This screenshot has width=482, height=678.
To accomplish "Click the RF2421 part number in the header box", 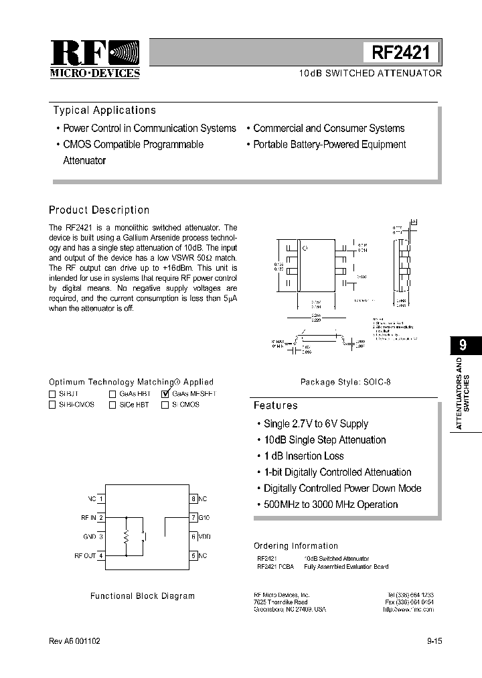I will click(402, 52).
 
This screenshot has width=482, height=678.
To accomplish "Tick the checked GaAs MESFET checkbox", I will click(165, 395).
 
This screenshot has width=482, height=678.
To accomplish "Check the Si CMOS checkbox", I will click(165, 405).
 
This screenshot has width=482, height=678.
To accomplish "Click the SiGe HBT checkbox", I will click(112, 405).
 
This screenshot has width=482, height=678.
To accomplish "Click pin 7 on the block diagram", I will click(193, 518).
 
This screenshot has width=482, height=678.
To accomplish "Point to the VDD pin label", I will click(205, 537).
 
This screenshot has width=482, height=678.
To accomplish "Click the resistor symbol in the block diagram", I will click(127, 537).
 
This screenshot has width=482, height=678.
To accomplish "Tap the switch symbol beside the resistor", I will click(144, 537).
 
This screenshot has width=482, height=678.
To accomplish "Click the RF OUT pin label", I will click(85, 555).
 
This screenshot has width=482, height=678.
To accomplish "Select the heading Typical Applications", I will click(104, 111).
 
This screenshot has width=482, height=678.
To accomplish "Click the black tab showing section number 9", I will click(463, 346).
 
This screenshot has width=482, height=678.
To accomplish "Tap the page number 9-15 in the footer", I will click(434, 641).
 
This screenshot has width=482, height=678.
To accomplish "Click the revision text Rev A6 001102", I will click(75, 641).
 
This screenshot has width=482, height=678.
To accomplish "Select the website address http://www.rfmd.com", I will click(408, 610).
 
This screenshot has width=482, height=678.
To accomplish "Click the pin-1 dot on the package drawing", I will click(306, 249).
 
